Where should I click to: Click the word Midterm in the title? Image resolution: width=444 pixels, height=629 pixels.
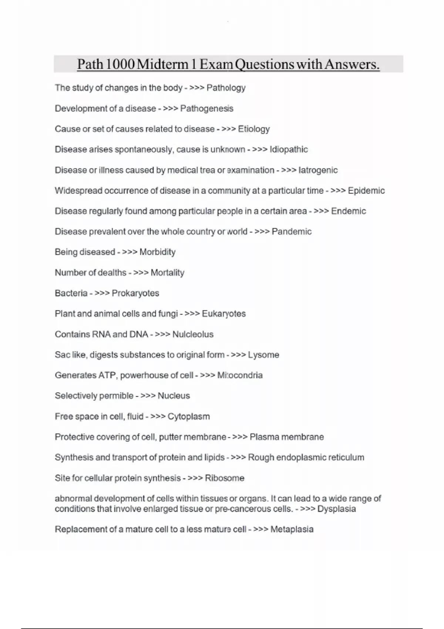click(x=162, y=64)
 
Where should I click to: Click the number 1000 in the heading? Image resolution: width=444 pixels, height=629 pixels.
click(x=120, y=64)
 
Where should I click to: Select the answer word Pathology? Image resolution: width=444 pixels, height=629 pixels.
click(x=226, y=88)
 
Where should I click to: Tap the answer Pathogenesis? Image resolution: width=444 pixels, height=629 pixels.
click(x=206, y=109)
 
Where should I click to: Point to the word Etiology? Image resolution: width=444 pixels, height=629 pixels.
click(x=253, y=129)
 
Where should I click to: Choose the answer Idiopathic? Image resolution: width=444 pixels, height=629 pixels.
click(x=289, y=149)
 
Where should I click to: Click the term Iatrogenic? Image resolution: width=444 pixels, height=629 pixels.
click(x=318, y=170)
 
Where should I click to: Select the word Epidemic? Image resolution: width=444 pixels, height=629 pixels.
click(x=366, y=191)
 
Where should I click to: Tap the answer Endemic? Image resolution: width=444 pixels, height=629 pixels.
click(x=348, y=211)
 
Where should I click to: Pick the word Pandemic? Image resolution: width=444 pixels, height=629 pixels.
click(x=292, y=232)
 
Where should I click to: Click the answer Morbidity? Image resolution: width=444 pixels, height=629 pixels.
click(x=157, y=252)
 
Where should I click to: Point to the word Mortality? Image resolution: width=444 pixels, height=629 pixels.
click(x=167, y=273)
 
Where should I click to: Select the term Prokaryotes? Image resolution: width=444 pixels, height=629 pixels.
click(x=135, y=293)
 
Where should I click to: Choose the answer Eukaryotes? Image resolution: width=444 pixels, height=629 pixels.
click(x=223, y=314)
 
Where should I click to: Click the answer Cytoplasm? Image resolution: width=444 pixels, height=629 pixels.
click(x=189, y=417)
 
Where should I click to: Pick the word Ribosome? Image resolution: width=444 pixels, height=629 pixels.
click(x=225, y=478)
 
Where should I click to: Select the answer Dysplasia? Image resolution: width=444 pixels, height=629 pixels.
click(x=336, y=509)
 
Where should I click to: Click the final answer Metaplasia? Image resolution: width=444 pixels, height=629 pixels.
click(x=292, y=529)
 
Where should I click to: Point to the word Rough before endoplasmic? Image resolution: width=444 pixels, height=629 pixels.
click(x=261, y=458)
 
